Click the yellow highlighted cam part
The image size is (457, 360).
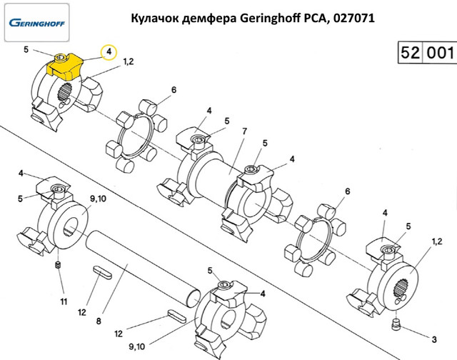click(65, 69)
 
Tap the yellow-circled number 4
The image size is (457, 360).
click(109, 51)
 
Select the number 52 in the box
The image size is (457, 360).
click(411, 54)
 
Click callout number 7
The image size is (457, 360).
click(244, 132)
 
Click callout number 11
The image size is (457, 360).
click(63, 301)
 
